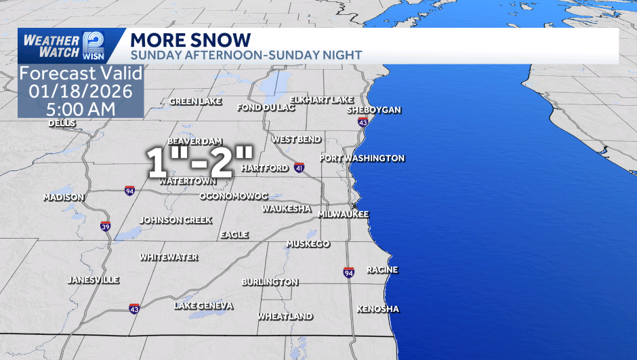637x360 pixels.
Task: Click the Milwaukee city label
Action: click(345, 214)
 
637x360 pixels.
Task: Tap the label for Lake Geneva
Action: click(203, 306)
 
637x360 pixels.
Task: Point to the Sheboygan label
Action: click(374, 110)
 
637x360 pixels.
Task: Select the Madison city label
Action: click(64, 197)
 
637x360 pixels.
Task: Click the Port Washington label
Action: click(362, 158)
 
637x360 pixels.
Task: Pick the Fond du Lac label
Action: click(266, 108)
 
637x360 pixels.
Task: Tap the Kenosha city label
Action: click(378, 309)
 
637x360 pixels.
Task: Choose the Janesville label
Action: click(94, 280)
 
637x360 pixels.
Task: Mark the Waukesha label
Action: click(287, 208)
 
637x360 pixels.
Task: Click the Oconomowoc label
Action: click(234, 196)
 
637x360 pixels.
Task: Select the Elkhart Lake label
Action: click(321, 100)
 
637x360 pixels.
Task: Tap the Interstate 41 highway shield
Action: click(300, 167)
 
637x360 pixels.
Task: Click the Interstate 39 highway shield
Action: click(105, 226)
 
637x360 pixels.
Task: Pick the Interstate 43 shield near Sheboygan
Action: click(363, 122)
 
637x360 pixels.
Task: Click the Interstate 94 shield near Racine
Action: click(348, 272)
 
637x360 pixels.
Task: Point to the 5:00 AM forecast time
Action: click(80, 108)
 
